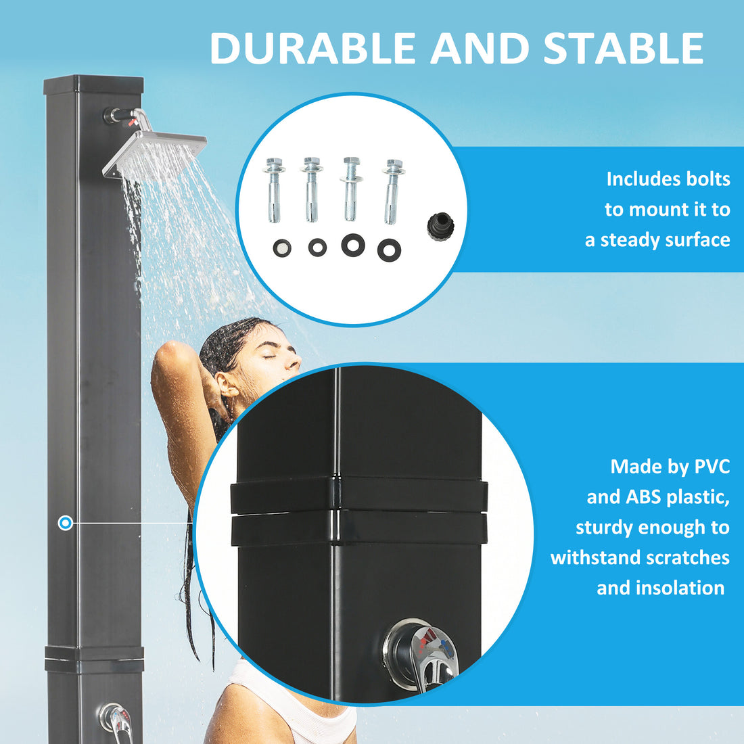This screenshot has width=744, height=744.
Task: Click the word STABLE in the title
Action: click(x=624, y=49)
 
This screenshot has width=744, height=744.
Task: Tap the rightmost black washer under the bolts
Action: click(x=389, y=250)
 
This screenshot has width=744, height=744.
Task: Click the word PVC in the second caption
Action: click(x=712, y=467)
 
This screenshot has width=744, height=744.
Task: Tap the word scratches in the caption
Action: click(x=687, y=558)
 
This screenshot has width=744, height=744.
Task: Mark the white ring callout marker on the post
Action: click(x=66, y=523)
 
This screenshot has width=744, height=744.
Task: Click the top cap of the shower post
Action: click(x=94, y=85)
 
